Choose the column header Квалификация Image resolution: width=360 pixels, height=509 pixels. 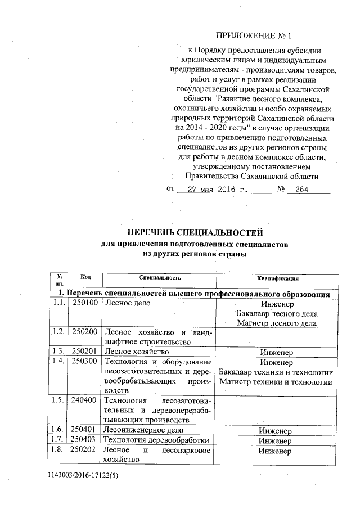coord(277,278)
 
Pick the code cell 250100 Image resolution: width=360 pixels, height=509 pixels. coord(85,303)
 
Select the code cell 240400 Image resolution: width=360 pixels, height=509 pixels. coord(85,400)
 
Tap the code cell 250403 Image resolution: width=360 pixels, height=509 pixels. coord(85,439)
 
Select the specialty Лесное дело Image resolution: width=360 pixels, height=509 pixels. coord(129,303)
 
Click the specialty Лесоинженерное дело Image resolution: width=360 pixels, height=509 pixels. coord(142,429)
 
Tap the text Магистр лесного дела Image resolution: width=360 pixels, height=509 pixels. coord(277,323)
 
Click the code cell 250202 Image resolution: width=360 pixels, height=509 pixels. coord(85,451)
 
